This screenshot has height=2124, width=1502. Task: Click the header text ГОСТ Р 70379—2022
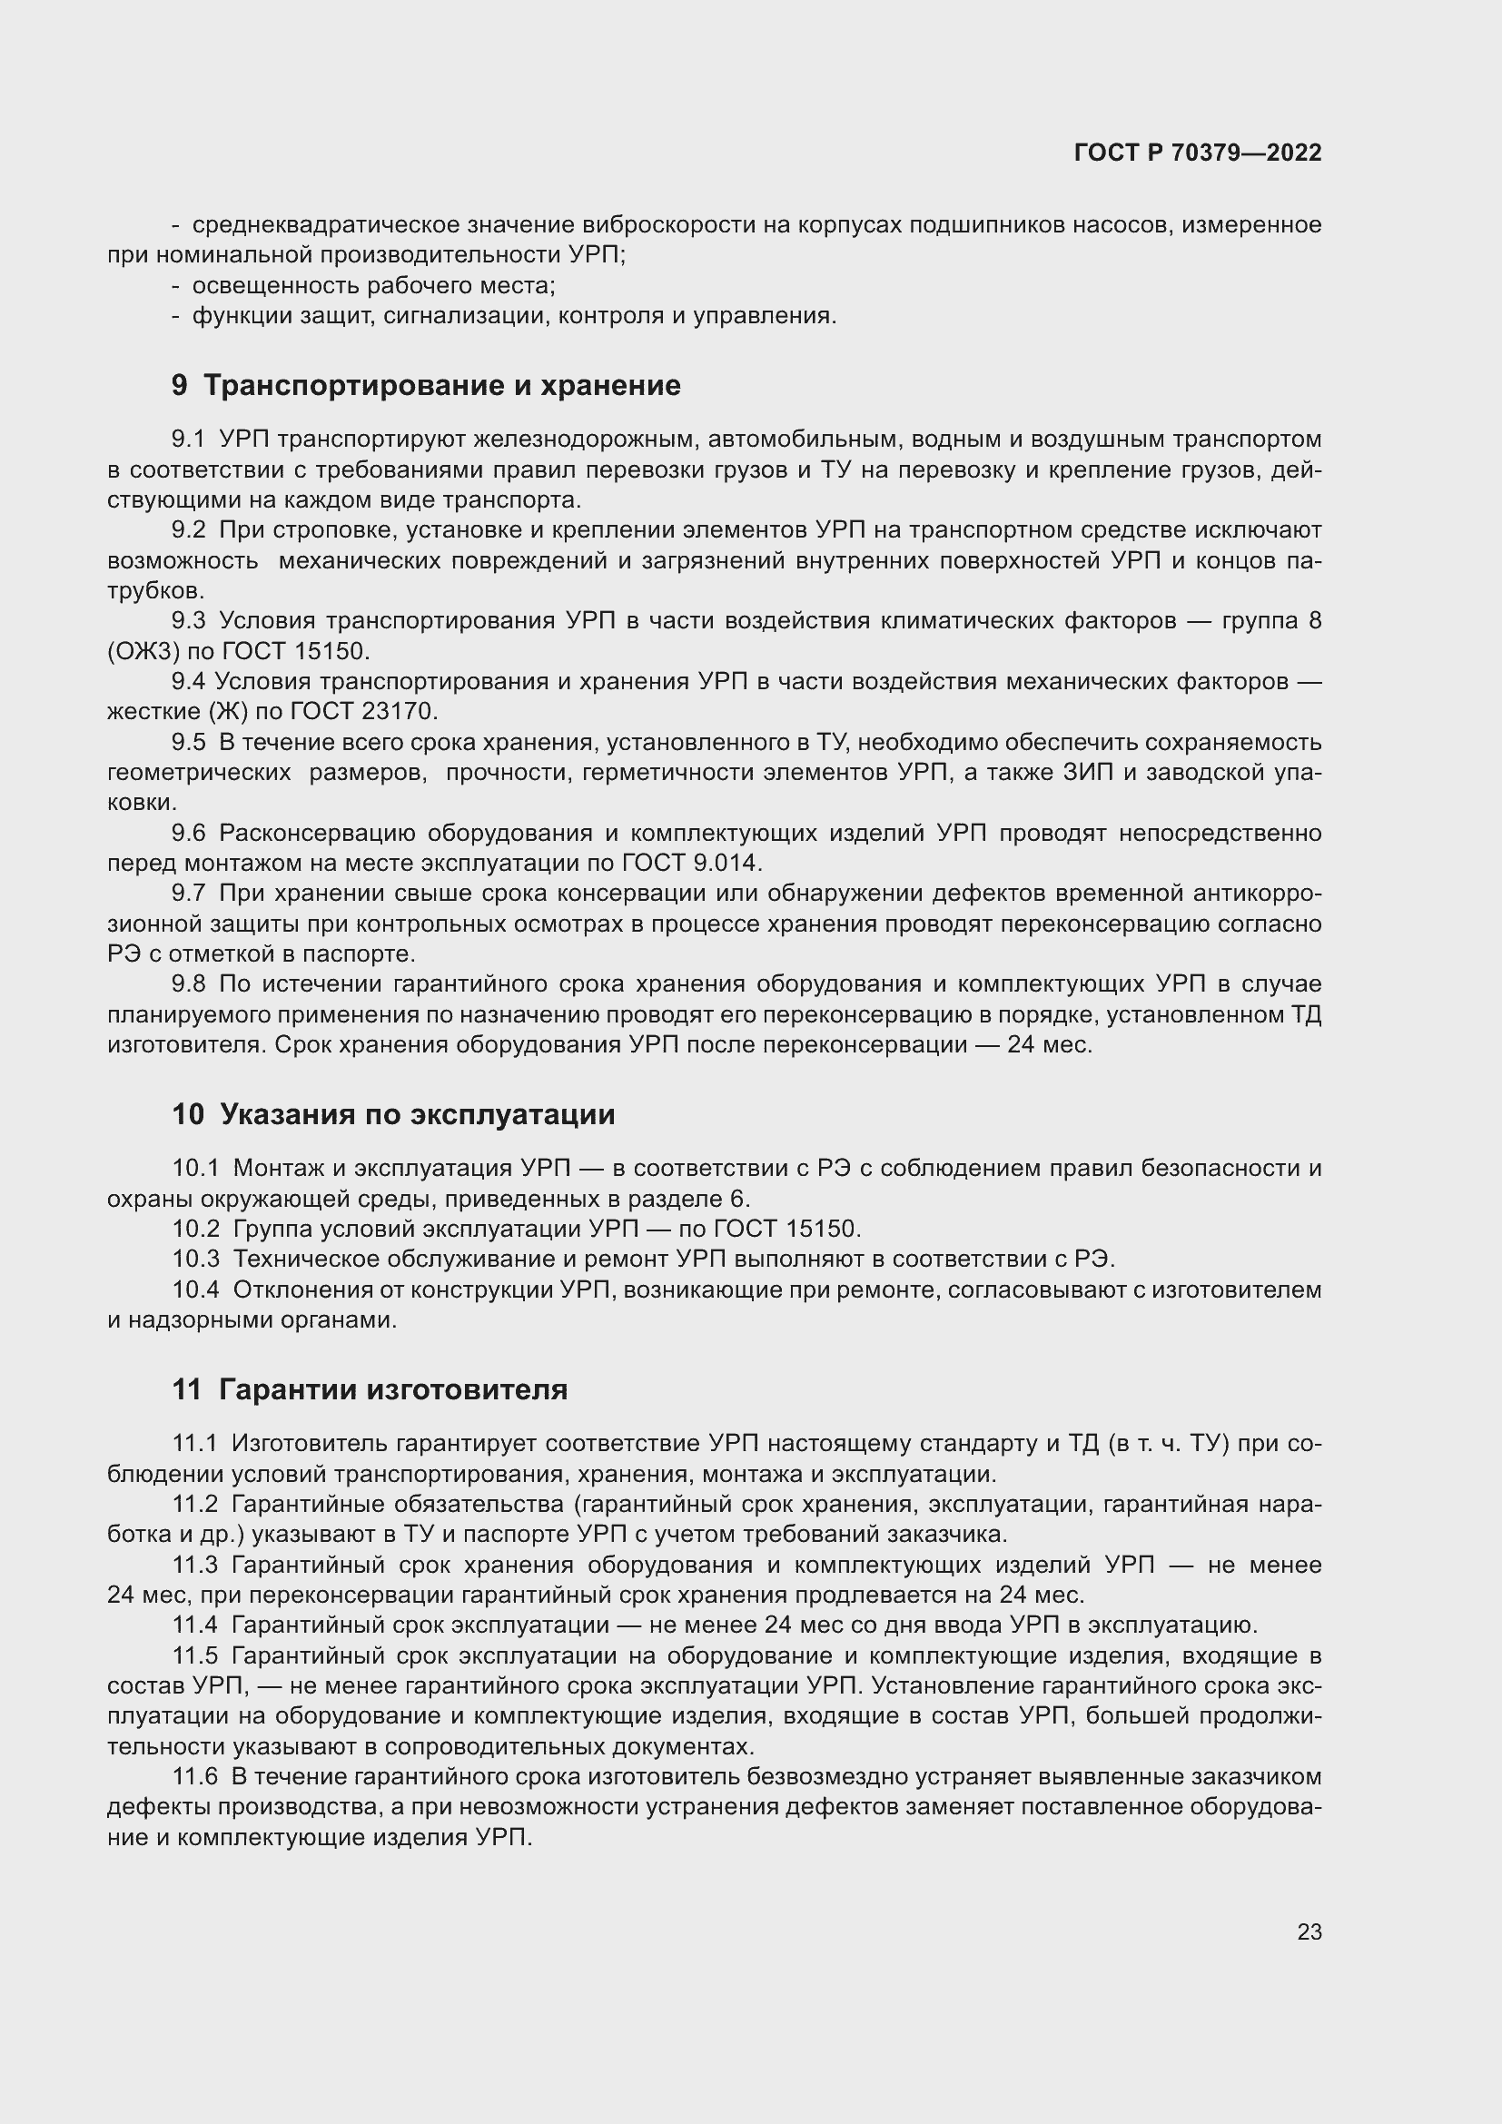coord(1198,153)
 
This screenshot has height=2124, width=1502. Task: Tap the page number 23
coord(1309,1931)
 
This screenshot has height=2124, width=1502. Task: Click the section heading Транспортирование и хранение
coord(441,385)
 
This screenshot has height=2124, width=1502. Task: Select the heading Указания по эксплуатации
coord(417,1114)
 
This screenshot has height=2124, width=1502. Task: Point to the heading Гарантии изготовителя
coord(393,1389)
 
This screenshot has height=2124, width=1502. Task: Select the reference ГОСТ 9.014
coord(691,863)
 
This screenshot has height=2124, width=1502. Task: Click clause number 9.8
coord(189,983)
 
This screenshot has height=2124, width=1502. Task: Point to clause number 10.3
coord(196,1259)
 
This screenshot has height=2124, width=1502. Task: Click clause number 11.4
coord(195,1625)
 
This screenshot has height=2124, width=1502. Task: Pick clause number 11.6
coord(195,1777)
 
